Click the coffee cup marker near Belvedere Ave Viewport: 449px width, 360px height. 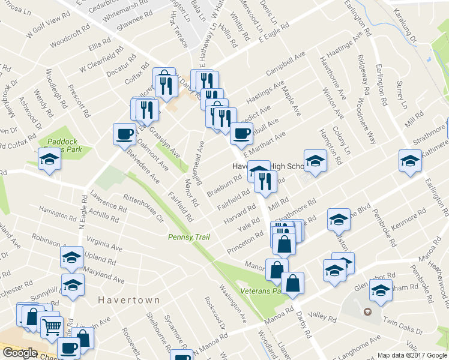(x=124, y=133)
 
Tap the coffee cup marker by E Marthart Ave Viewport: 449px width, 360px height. (x=241, y=133)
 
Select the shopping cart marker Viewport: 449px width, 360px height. (x=51, y=327)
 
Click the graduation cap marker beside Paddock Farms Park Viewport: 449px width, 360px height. (x=49, y=160)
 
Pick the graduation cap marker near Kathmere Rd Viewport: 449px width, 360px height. (x=410, y=161)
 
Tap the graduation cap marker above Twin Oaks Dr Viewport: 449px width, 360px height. (x=380, y=292)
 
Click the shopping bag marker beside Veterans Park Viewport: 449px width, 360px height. (x=292, y=283)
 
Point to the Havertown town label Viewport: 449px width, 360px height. (x=130, y=300)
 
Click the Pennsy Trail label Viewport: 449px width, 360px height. (x=188, y=238)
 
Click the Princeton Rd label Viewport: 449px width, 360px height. (x=245, y=241)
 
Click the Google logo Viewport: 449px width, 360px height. (x=19, y=353)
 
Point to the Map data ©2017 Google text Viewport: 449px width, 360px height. (x=412, y=355)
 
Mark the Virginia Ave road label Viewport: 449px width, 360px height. (x=104, y=245)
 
